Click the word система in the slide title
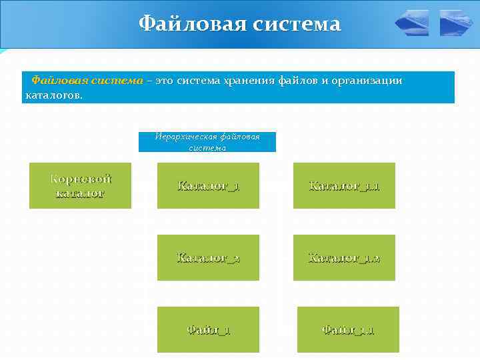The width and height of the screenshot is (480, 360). click(296, 24)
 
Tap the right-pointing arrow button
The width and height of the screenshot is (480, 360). click(456, 23)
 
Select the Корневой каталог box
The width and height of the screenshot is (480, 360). click(80, 186)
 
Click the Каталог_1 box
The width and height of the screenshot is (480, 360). click(208, 186)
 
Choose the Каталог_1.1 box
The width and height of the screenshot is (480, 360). click(344, 186)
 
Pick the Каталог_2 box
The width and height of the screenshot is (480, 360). click(208, 257)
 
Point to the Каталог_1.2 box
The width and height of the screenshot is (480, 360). click(344, 257)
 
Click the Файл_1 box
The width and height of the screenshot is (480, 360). click(208, 329)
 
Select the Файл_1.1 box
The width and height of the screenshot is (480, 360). click(348, 329)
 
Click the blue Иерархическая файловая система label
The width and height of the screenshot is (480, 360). click(207, 142)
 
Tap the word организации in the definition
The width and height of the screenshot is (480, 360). click(372, 81)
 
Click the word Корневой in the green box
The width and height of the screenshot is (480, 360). click(81, 179)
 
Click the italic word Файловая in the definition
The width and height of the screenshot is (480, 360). click(55, 81)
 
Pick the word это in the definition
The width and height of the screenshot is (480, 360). click(164, 81)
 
